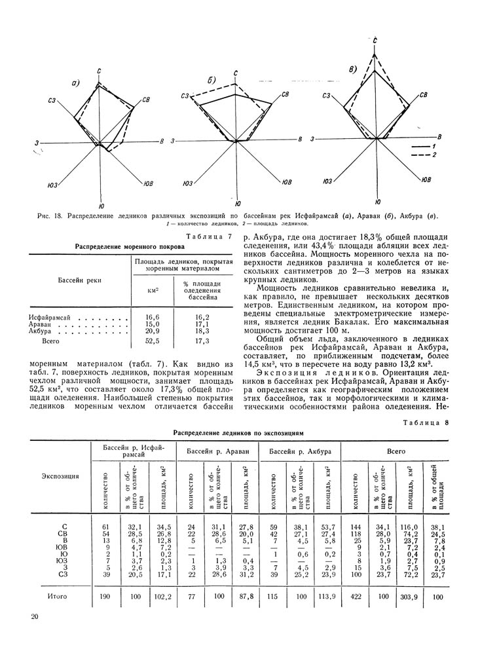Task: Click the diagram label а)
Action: [76, 83]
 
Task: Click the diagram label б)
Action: [211, 80]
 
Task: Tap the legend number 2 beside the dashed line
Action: [433, 155]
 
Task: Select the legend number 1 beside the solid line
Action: [433, 145]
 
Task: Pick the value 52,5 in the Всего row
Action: [153, 341]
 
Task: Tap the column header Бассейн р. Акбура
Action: [301, 452]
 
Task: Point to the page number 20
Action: [34, 617]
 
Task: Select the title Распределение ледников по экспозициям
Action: [238, 433]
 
